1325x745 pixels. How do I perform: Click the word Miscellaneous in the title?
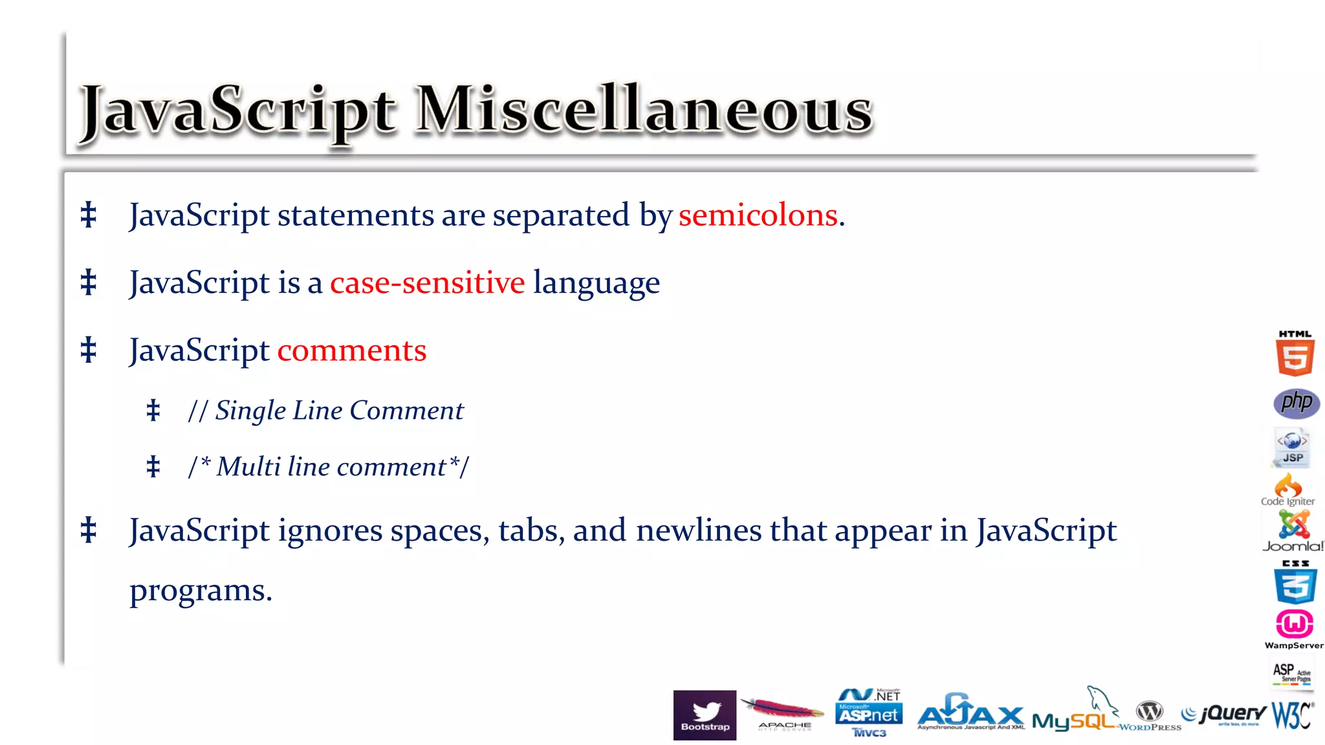[x=644, y=110]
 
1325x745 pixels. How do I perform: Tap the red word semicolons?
[x=758, y=215]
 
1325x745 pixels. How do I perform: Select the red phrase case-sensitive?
[x=427, y=283]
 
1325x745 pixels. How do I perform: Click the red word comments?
[x=352, y=351]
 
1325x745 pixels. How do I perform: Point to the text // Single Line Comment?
[x=326, y=411]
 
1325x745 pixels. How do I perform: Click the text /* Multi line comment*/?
[x=329, y=467]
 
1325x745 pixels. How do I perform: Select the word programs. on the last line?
[x=201, y=590]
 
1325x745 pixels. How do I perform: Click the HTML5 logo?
[x=1295, y=354]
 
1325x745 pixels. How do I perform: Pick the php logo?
[x=1296, y=403]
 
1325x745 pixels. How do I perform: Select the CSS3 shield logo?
[x=1295, y=583]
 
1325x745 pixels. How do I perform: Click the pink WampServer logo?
[x=1294, y=626]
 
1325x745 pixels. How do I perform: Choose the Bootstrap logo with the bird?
[x=705, y=715]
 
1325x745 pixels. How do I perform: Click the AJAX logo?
[x=970, y=713]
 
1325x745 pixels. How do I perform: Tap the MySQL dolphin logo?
[x=1074, y=715]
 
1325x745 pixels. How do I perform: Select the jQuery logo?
[x=1224, y=714]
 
